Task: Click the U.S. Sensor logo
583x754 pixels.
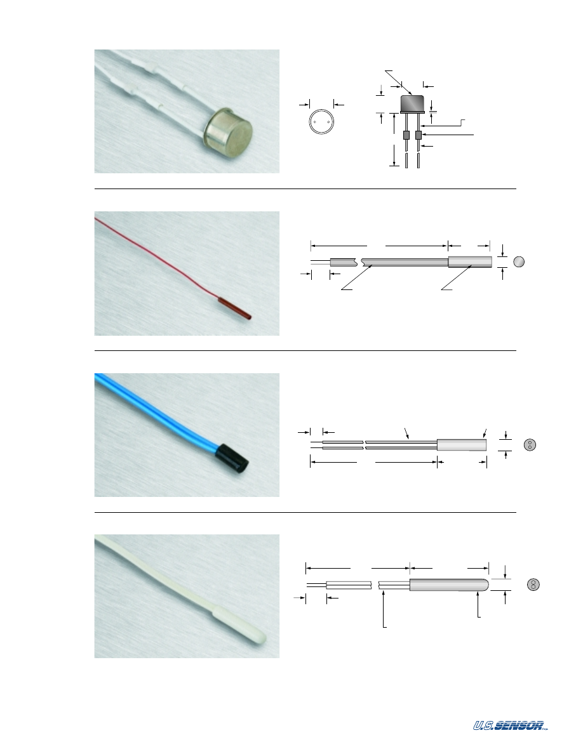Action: (511, 725)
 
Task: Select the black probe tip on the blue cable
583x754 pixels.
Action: (232, 458)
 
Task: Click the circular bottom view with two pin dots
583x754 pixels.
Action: (321, 122)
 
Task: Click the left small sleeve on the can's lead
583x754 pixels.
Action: (406, 136)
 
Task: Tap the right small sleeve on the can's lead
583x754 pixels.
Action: (418, 136)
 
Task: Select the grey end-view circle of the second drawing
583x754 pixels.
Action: (519, 261)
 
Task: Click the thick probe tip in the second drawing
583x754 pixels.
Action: (470, 261)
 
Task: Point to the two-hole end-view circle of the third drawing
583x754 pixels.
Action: (530, 445)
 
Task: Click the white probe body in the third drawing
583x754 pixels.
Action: (462, 445)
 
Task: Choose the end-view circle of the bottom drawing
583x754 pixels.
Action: (533, 585)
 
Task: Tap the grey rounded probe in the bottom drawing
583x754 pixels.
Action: (449, 585)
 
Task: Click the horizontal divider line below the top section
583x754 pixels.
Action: (305, 189)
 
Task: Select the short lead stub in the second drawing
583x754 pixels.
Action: (320, 262)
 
